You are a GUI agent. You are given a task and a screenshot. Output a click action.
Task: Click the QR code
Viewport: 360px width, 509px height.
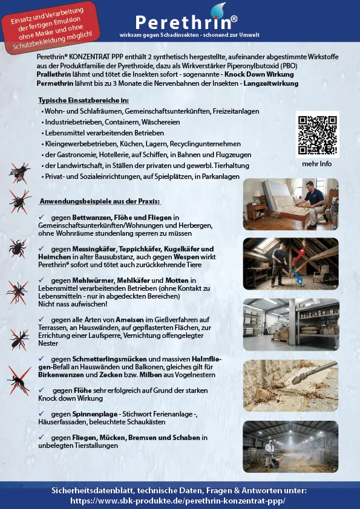pos(317,134)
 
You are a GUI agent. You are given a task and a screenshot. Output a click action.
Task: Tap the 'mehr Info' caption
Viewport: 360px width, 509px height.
pos(317,164)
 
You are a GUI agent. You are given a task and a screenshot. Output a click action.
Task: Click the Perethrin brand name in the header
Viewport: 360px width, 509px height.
pos(182,22)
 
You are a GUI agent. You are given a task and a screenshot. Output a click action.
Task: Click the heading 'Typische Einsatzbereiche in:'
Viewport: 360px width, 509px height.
pos(83,100)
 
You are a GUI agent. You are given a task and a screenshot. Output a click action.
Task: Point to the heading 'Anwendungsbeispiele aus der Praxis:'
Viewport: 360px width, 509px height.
pos(99,201)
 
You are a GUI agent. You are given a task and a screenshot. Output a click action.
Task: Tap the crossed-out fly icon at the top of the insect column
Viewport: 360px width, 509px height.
pos(21,173)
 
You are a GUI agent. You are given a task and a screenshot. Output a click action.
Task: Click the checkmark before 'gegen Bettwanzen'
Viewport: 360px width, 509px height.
pos(42,217)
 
